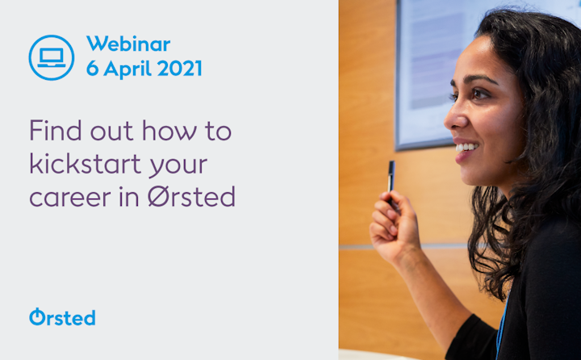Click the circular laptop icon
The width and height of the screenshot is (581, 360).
click(52, 57)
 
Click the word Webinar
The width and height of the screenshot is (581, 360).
click(128, 44)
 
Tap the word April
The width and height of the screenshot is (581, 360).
click(127, 69)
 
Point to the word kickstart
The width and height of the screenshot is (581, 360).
click(86, 163)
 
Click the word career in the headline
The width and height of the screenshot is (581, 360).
click(70, 198)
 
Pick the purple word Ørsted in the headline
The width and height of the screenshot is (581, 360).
click(191, 196)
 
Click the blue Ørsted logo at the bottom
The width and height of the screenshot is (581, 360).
click(62, 317)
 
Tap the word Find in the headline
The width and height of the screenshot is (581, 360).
click(55, 130)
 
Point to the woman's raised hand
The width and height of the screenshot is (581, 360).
click(394, 226)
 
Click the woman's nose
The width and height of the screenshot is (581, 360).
click(454, 119)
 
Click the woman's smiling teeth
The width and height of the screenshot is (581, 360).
click(466, 147)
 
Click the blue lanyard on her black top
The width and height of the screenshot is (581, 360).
click(501, 326)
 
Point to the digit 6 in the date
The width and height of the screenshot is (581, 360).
click(93, 69)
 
